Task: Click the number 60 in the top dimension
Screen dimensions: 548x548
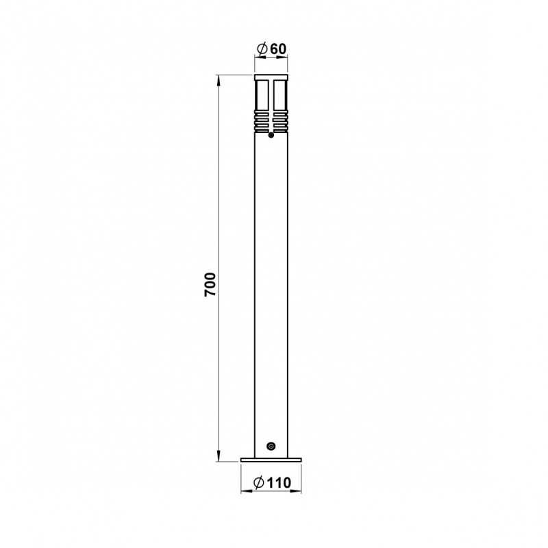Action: pyautogui.click(x=278, y=49)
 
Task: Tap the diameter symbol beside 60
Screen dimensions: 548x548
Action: pyautogui.click(x=262, y=49)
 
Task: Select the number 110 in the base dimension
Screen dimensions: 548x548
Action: pyautogui.click(x=279, y=483)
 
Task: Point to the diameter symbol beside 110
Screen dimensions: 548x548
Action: pyautogui.click(x=259, y=483)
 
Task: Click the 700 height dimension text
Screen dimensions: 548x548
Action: pyautogui.click(x=210, y=284)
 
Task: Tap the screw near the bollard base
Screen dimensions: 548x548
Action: pyautogui.click(x=271, y=447)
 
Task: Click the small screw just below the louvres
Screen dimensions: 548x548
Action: pyautogui.click(x=271, y=135)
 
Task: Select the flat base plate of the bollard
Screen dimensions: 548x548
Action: pyautogui.click(x=271, y=460)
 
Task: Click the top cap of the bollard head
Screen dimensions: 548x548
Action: pyautogui.click(x=271, y=77)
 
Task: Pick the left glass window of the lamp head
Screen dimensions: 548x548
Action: pyautogui.click(x=262, y=95)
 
